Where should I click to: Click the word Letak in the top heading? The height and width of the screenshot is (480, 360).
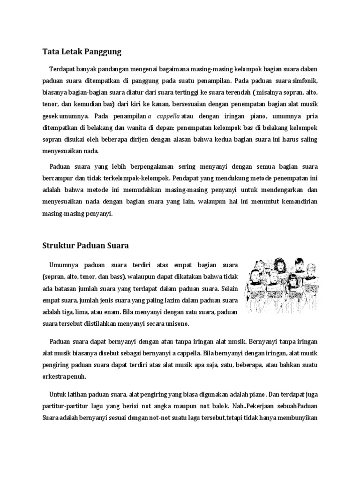click(70, 51)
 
